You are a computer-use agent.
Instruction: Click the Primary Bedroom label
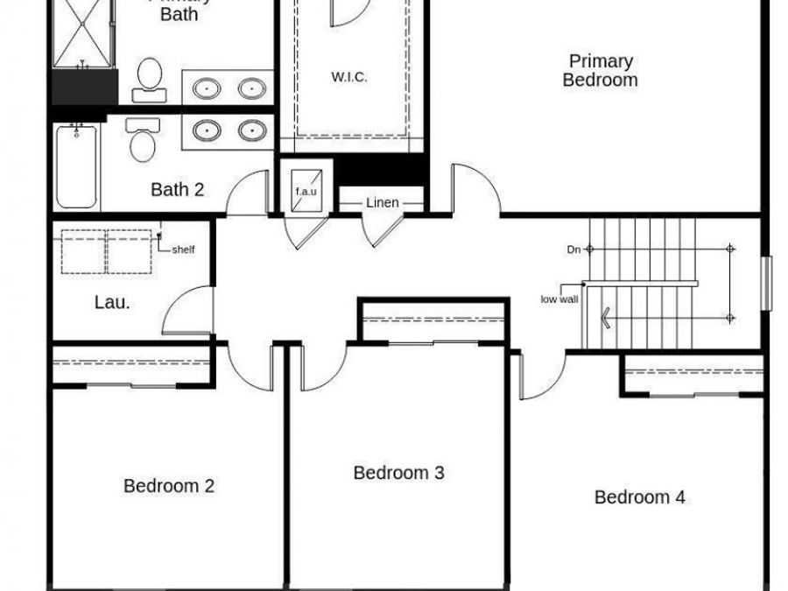click(600, 70)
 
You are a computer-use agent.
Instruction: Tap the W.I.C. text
click(348, 77)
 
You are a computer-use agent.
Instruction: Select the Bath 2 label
click(177, 189)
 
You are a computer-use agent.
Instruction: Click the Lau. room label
click(112, 303)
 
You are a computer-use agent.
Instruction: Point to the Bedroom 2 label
click(169, 486)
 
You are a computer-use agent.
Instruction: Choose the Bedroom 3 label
click(398, 473)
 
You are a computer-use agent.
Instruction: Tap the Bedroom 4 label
click(639, 497)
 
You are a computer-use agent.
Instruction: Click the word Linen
click(383, 203)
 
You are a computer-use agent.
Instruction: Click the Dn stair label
click(573, 250)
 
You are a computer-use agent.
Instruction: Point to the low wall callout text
click(559, 299)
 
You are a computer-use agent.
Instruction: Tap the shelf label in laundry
click(183, 250)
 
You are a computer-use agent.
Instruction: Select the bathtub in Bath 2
click(76, 167)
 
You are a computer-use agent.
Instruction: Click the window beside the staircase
click(768, 283)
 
